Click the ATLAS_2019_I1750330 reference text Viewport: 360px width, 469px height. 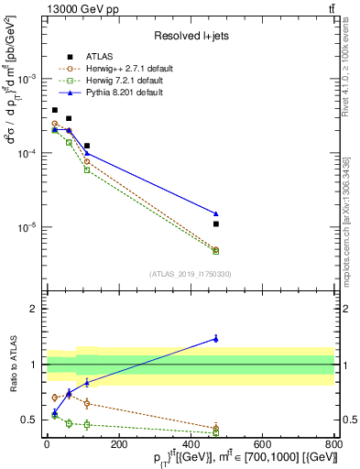point(190,274)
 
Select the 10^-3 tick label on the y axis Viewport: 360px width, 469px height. point(26,80)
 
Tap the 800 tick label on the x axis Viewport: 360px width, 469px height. point(334,444)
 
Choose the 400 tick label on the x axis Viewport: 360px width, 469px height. point(191,444)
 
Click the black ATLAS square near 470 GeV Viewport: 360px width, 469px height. point(216,224)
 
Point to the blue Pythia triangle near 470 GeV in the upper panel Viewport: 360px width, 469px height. point(216,213)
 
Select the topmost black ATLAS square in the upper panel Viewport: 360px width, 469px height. point(55,110)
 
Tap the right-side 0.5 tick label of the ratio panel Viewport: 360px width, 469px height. point(348,420)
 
